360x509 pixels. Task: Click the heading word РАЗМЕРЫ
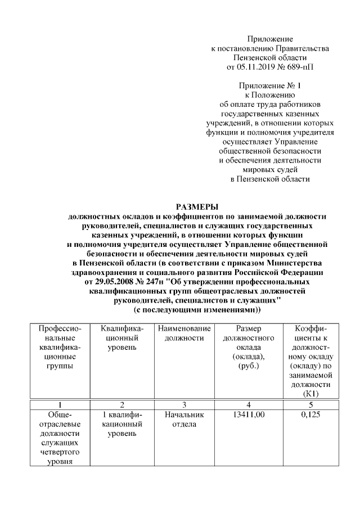[197, 206]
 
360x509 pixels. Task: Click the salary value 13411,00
[248, 415]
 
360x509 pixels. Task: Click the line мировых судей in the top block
[270, 169]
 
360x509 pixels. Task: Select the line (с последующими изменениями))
[197, 310]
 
